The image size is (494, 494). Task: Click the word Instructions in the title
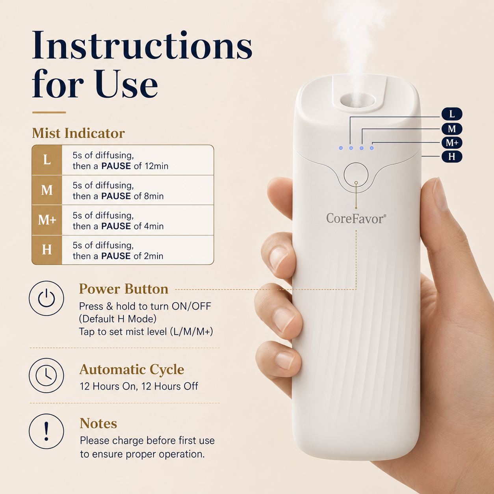click(x=142, y=45)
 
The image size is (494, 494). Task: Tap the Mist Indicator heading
click(x=78, y=133)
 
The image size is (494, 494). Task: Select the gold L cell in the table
click(x=47, y=160)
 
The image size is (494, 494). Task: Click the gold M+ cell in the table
click(x=47, y=220)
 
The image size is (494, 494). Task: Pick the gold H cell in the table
click(x=47, y=250)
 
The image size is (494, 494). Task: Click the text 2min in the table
click(x=154, y=256)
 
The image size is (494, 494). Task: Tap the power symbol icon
click(x=46, y=298)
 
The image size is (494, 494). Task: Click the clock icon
click(x=46, y=375)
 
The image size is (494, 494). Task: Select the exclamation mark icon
click(x=46, y=431)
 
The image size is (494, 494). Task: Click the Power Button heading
click(x=124, y=289)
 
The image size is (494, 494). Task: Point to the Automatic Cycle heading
click(x=132, y=370)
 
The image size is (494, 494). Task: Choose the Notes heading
click(x=98, y=423)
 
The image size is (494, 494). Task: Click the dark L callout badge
click(x=452, y=114)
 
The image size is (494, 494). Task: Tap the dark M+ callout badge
click(x=452, y=143)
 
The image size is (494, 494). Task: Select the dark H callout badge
click(x=452, y=156)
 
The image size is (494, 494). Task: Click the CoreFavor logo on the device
click(x=356, y=218)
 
